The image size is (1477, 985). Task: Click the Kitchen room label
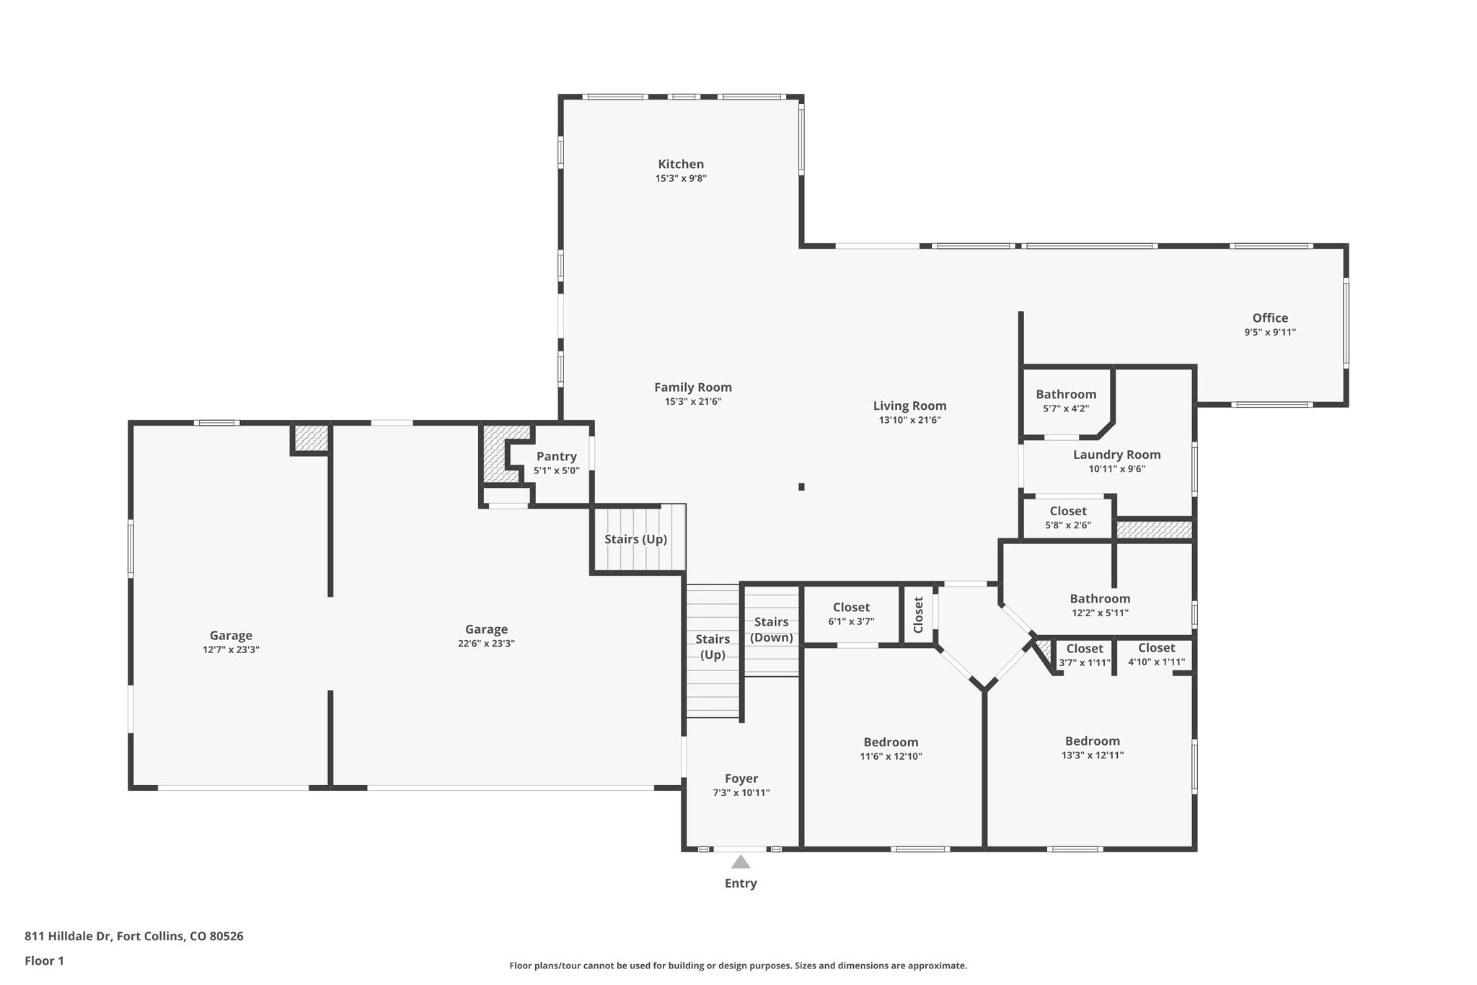point(681,164)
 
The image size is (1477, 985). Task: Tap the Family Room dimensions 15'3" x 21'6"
point(693,402)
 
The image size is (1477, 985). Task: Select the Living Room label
point(909,406)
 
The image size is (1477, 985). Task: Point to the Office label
point(1270,318)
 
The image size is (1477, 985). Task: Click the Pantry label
point(556,456)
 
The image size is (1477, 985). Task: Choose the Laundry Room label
point(1116,455)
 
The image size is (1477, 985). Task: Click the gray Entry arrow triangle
point(741,862)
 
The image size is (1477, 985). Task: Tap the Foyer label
point(741,779)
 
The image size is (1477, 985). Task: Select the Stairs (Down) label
point(772,629)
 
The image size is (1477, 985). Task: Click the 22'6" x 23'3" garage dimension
point(486,644)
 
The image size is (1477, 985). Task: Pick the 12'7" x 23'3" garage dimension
point(231,649)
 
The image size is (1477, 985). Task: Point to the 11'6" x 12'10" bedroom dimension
point(891,756)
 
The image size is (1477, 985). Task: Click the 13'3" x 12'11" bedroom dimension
point(1093,756)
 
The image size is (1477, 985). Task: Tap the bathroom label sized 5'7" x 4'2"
point(1066,394)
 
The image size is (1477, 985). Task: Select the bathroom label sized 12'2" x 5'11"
point(1100,598)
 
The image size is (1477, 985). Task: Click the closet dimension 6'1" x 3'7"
point(851,621)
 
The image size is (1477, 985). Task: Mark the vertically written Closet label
point(918,615)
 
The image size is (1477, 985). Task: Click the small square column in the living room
point(801,487)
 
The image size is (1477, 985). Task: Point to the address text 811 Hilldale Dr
point(68,937)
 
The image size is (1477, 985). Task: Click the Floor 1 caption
point(44,961)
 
